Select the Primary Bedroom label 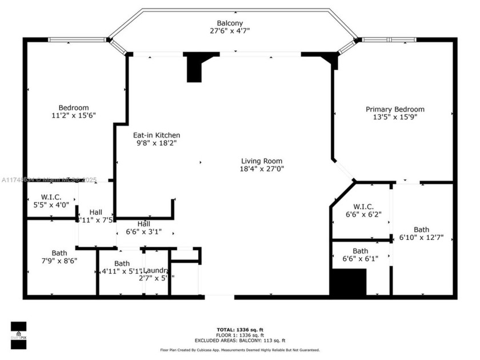tap(395, 109)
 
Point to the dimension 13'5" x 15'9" tap(395, 117)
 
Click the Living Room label tap(262, 161)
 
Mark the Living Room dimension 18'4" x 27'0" tap(262, 169)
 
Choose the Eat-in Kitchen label tap(157, 135)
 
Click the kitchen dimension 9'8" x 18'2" tap(157, 143)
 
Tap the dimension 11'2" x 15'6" tap(74, 115)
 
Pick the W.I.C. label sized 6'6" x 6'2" tap(363, 206)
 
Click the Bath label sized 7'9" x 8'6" tap(59, 253)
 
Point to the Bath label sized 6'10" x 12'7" tap(421, 229)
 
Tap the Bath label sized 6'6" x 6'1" tap(360, 251)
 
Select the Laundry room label tap(155, 270)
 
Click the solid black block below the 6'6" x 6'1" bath tap(349, 282)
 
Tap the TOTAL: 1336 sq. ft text tap(239, 330)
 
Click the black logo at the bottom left tap(18, 335)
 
